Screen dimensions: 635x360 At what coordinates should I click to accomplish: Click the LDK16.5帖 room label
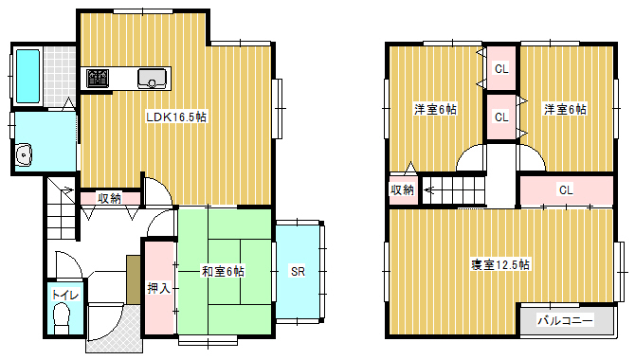click(x=176, y=117)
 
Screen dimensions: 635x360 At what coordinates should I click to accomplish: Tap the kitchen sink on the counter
click(x=152, y=78)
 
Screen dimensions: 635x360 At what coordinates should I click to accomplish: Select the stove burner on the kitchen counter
click(x=98, y=78)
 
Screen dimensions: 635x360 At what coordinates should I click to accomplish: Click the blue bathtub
click(x=27, y=76)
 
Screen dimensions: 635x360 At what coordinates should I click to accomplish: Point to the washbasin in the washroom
click(x=24, y=154)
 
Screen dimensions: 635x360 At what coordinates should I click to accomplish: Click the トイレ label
click(x=64, y=295)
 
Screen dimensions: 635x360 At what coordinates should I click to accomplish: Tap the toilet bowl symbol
click(x=62, y=318)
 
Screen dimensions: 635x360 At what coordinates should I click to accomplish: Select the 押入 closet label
click(x=159, y=288)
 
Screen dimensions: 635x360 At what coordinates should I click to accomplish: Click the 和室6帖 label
click(x=223, y=271)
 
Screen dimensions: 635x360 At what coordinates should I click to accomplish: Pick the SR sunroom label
click(x=298, y=271)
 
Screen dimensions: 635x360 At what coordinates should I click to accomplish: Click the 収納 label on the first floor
click(x=109, y=198)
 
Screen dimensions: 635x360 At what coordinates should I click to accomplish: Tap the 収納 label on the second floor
click(x=402, y=189)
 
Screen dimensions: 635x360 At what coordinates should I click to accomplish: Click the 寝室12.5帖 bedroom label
click(x=500, y=265)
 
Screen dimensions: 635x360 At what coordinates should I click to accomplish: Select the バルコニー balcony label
click(x=565, y=321)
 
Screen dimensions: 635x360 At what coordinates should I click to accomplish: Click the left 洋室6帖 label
click(x=435, y=109)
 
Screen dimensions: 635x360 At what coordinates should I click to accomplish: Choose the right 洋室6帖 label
click(x=565, y=109)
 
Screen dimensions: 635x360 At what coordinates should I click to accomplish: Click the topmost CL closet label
click(x=501, y=69)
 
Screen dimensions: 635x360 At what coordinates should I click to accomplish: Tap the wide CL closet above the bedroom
click(x=566, y=189)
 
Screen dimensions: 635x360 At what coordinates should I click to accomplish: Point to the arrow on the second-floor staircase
click(x=430, y=189)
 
